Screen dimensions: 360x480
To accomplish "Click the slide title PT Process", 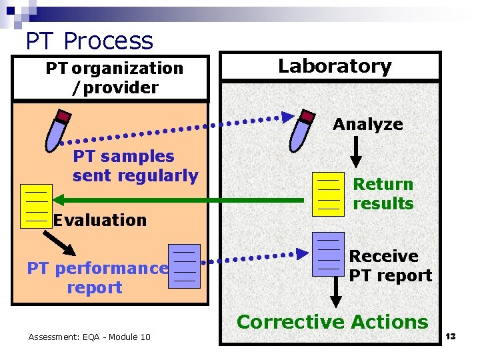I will coord(89,41).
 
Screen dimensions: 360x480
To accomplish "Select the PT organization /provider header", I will coord(114,77).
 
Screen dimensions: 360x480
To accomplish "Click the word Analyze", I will coord(368,124).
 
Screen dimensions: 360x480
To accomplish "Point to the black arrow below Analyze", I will coord(356,151).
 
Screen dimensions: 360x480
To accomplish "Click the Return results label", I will coord(383,193).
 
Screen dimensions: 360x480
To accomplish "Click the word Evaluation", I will coord(100,220).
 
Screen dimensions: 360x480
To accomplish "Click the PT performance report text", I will coord(97,278).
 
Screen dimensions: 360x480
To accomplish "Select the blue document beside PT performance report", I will coord(184,266).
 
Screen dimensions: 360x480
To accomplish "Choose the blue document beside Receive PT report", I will coord(329,254).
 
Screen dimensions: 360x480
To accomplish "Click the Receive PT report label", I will coord(391,265).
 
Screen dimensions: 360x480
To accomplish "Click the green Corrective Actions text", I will coord(332,321).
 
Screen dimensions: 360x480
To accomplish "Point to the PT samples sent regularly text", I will coord(135,166).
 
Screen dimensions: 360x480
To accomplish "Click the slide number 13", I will coord(451,337).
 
